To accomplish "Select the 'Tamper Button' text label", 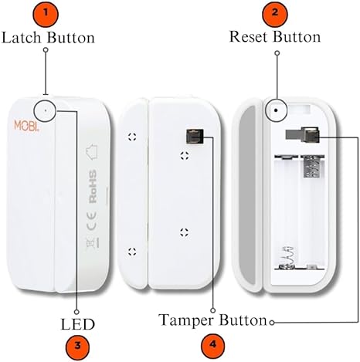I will (x=213, y=319).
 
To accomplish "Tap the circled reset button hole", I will (x=273, y=110).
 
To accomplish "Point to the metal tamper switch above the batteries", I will (x=302, y=135).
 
